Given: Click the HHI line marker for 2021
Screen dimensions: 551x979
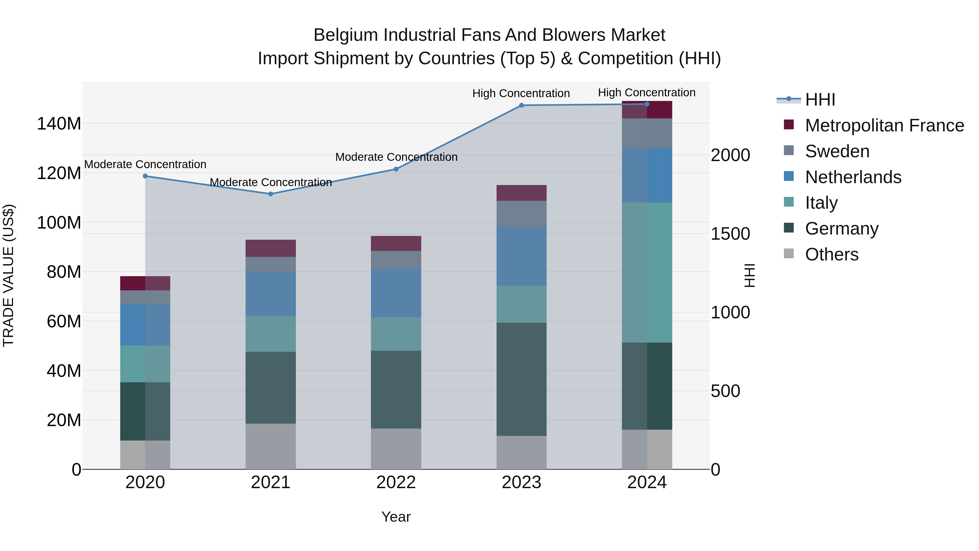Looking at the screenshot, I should (x=271, y=194).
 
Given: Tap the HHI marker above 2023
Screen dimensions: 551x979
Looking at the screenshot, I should (x=521, y=105).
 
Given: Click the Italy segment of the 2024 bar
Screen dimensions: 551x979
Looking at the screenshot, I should (x=647, y=272).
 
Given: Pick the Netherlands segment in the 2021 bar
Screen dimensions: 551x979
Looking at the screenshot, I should (x=271, y=294).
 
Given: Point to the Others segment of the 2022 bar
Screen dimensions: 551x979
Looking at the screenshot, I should (x=396, y=449).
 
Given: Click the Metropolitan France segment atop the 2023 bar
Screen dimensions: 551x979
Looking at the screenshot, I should (x=521, y=193).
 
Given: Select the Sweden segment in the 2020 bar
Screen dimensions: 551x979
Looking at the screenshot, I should (x=145, y=297).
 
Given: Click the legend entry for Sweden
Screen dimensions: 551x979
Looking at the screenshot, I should (x=837, y=151).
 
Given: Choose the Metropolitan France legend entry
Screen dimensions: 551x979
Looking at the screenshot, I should (x=884, y=125).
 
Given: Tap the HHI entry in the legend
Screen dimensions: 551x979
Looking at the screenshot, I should (x=820, y=100).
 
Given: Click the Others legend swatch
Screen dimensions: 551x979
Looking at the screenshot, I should (x=789, y=254).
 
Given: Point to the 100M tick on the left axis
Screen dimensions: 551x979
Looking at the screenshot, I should (x=59, y=223).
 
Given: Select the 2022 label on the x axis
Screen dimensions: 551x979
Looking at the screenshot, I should (x=396, y=482).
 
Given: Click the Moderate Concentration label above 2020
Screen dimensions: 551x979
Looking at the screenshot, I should (x=145, y=164).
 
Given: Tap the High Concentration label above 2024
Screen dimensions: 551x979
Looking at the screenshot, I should (x=647, y=93).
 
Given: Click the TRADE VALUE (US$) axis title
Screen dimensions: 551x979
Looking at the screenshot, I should (x=8, y=275).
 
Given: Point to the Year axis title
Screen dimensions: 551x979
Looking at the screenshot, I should (x=396, y=517).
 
